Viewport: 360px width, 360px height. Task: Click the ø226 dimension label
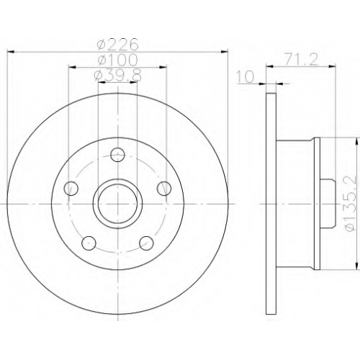click(x=117, y=44)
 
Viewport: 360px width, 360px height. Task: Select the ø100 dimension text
click(x=117, y=60)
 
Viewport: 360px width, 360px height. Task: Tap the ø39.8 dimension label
click(x=117, y=75)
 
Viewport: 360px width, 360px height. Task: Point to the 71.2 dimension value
click(x=301, y=59)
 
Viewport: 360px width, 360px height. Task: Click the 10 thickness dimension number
click(x=246, y=76)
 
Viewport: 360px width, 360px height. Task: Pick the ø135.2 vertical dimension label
click(x=351, y=204)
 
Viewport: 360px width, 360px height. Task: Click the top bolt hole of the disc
click(x=117, y=155)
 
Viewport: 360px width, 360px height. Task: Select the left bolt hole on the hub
click(x=71, y=189)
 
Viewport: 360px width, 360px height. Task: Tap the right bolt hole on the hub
click(x=164, y=188)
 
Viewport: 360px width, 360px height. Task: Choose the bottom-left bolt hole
click(x=89, y=243)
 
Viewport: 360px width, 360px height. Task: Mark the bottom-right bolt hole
click(x=146, y=243)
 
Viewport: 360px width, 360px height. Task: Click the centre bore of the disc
click(x=117, y=204)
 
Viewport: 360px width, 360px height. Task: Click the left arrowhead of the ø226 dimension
click(x=11, y=52)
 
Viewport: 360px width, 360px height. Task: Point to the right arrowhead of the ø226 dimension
click(x=224, y=52)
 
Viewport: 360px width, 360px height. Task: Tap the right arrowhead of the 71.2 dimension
click(x=332, y=66)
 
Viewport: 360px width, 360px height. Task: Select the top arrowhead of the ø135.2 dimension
click(x=357, y=141)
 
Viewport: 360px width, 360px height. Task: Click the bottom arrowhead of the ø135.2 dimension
click(x=357, y=266)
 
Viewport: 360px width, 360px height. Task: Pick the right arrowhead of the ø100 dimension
click(x=163, y=68)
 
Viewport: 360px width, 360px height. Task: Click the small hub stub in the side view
click(x=328, y=204)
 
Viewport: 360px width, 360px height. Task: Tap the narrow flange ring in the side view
click(x=318, y=204)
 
